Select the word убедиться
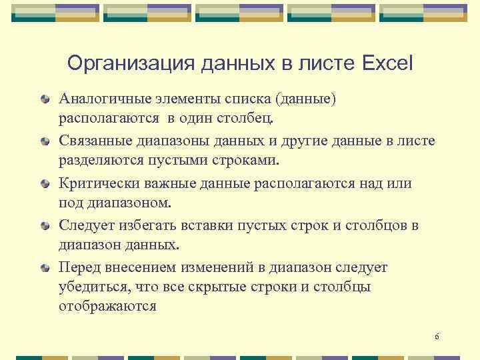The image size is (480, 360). pos(93,287)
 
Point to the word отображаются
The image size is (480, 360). pos(107,307)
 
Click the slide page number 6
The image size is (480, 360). pos(437,337)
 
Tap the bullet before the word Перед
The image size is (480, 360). pos(45,268)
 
